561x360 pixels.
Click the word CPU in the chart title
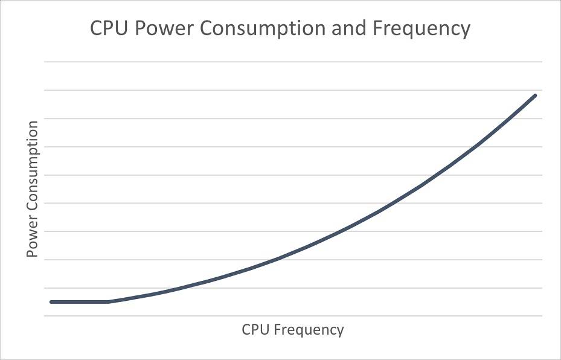[110, 28]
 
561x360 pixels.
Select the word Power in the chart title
[163, 28]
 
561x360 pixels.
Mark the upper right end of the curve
[535, 95]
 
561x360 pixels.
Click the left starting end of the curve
[51, 301]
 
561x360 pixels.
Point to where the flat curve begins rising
[109, 301]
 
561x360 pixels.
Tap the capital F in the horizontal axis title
[277, 330]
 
